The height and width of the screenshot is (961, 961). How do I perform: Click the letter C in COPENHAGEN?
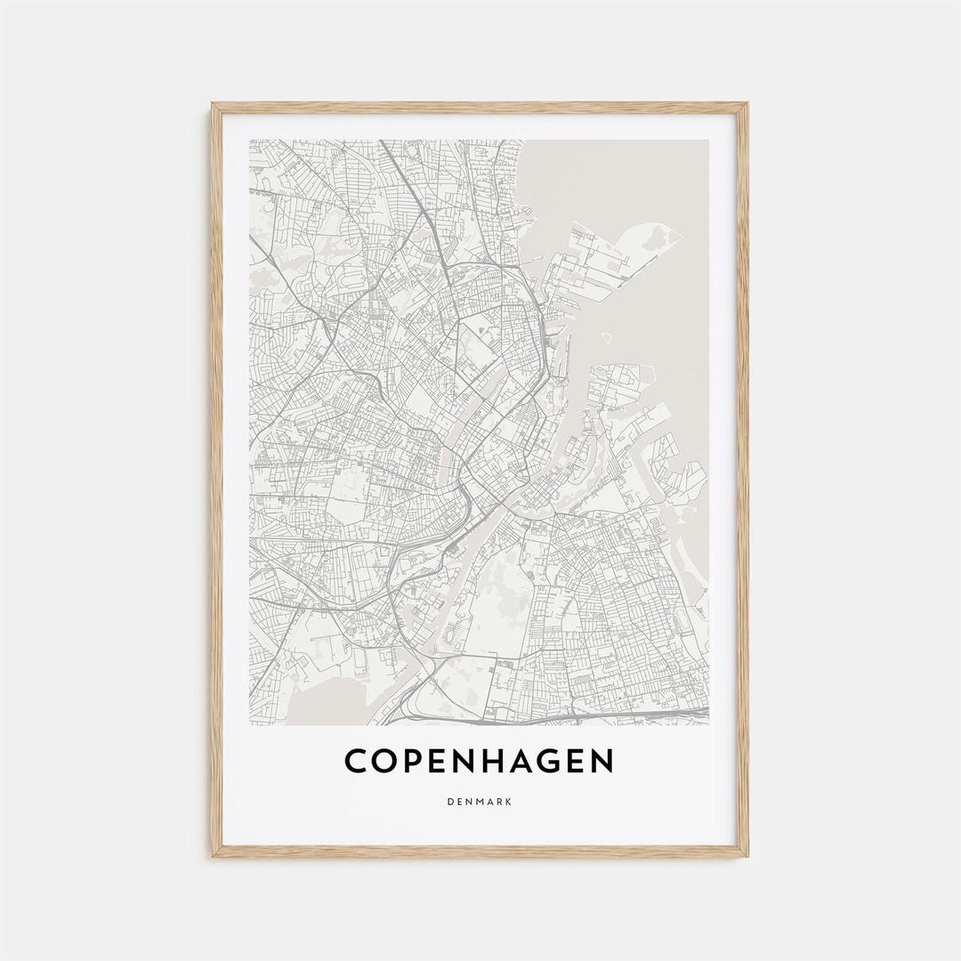coord(358,762)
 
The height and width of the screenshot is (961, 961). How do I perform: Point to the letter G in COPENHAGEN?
coord(568,762)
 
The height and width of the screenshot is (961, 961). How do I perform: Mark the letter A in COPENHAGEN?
coord(537,762)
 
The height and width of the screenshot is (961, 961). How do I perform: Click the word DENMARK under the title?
coord(480,802)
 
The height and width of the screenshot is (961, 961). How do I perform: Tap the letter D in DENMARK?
coord(452,802)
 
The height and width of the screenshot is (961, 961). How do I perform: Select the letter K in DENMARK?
coord(509,802)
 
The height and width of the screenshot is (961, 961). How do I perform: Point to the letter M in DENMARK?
coord(480,802)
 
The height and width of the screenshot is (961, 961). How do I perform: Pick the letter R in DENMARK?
coord(499,802)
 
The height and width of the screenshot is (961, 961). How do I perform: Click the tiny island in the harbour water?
coord(607,338)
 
